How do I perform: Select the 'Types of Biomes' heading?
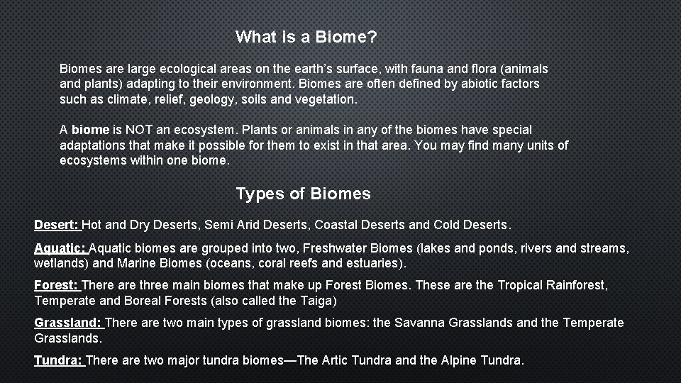(303, 194)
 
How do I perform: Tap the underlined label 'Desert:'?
(57, 225)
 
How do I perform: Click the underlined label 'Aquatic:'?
(60, 248)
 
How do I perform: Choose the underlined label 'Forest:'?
(56, 285)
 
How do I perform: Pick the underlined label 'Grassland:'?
(68, 323)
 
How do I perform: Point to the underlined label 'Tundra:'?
(58, 360)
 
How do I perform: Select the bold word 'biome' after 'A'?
(90, 130)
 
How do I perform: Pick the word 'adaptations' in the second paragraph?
(92, 145)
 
